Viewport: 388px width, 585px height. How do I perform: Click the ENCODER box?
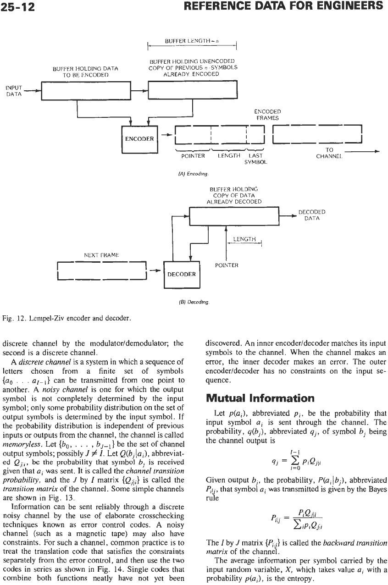click(x=140, y=139)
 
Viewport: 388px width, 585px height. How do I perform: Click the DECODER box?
click(x=182, y=275)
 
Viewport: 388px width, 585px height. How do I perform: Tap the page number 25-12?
click(x=17, y=7)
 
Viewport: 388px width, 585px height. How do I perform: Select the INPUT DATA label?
click(x=14, y=91)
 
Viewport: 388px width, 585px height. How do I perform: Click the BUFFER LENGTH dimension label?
click(x=192, y=41)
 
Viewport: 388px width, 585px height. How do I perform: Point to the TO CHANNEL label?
click(x=329, y=153)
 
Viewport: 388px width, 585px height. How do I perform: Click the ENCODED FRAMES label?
click(x=267, y=115)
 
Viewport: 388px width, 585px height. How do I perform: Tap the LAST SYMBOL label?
click(x=255, y=159)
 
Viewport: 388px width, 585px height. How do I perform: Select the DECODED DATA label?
click(x=312, y=215)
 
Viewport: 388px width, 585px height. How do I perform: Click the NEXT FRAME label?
click(x=101, y=255)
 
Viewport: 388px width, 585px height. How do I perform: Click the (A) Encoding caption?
click(x=193, y=174)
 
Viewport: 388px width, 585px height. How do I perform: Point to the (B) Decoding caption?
click(x=194, y=302)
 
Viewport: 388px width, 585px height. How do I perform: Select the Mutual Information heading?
click(x=260, y=398)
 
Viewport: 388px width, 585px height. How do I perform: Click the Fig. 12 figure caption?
click(x=67, y=318)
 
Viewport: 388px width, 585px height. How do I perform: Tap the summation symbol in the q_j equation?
click(x=295, y=461)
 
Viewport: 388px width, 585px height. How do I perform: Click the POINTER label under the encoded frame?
click(x=193, y=156)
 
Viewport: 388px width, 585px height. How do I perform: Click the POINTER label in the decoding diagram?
click(x=227, y=265)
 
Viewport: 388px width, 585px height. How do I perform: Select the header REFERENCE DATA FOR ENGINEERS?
click(x=283, y=6)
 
